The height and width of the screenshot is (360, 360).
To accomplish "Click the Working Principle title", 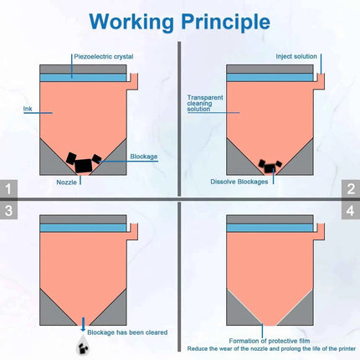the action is [x=180, y=22].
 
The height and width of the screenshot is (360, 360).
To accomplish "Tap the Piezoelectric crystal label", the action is [x=104, y=57].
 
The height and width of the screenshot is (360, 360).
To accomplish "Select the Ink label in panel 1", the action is [x=28, y=109].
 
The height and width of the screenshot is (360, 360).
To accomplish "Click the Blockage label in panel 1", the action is [x=144, y=157].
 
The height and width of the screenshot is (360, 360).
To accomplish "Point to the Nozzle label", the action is [x=66, y=183].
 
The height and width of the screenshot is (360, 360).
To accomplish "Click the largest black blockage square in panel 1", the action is [x=84, y=166].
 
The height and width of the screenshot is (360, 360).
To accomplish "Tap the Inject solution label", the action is [x=296, y=56].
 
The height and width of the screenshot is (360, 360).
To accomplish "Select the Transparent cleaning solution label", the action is [x=205, y=103].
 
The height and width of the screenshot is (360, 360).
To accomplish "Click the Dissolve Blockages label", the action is [x=239, y=182].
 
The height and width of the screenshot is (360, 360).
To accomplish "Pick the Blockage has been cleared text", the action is [x=127, y=332].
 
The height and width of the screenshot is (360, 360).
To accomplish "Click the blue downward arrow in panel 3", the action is [x=83, y=324].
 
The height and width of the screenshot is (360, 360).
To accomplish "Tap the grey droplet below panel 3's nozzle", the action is [x=83, y=345].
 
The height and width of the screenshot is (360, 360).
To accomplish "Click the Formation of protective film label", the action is [x=270, y=341].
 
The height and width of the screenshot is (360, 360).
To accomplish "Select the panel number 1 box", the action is [x=8, y=188].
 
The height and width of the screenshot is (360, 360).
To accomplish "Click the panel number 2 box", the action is [x=351, y=188].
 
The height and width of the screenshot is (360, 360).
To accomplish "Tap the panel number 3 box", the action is [x=8, y=210].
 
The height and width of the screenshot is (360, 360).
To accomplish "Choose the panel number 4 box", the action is [x=351, y=210].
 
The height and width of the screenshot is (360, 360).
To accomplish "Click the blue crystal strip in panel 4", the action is [x=270, y=228].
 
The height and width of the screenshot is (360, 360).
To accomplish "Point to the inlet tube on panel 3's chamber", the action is [x=133, y=232].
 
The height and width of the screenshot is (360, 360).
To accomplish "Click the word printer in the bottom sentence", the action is [x=347, y=349].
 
